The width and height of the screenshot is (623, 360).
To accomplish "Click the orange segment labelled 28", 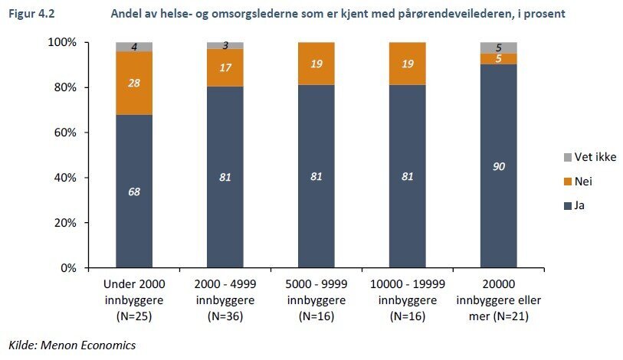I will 134,83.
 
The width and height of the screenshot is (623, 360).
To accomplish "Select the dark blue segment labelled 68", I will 134,191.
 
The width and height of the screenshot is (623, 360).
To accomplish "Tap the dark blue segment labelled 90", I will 498,166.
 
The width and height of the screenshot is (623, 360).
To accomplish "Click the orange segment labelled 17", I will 225,67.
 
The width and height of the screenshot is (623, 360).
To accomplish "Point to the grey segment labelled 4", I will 134,47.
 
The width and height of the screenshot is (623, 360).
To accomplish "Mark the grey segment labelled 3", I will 225,45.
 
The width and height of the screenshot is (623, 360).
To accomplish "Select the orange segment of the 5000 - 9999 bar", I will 316,64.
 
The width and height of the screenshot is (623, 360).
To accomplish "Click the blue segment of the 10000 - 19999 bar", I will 408,176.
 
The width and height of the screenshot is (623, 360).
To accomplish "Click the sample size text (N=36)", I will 225,316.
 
